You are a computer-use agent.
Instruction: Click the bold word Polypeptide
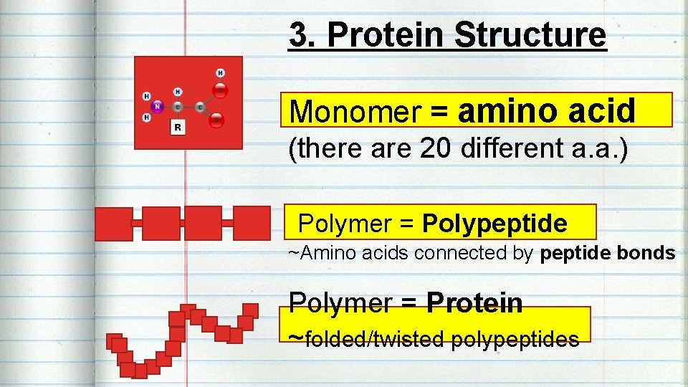click(494, 224)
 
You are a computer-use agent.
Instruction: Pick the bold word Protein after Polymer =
click(474, 303)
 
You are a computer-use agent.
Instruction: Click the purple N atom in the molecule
click(157, 106)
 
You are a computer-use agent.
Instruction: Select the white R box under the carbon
click(177, 127)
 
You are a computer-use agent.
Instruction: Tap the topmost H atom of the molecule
click(220, 72)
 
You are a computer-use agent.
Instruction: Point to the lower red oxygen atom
click(217, 120)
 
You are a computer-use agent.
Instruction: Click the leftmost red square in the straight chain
click(113, 223)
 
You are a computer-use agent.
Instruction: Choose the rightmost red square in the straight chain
click(252, 223)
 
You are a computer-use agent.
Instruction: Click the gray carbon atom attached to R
click(178, 107)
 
